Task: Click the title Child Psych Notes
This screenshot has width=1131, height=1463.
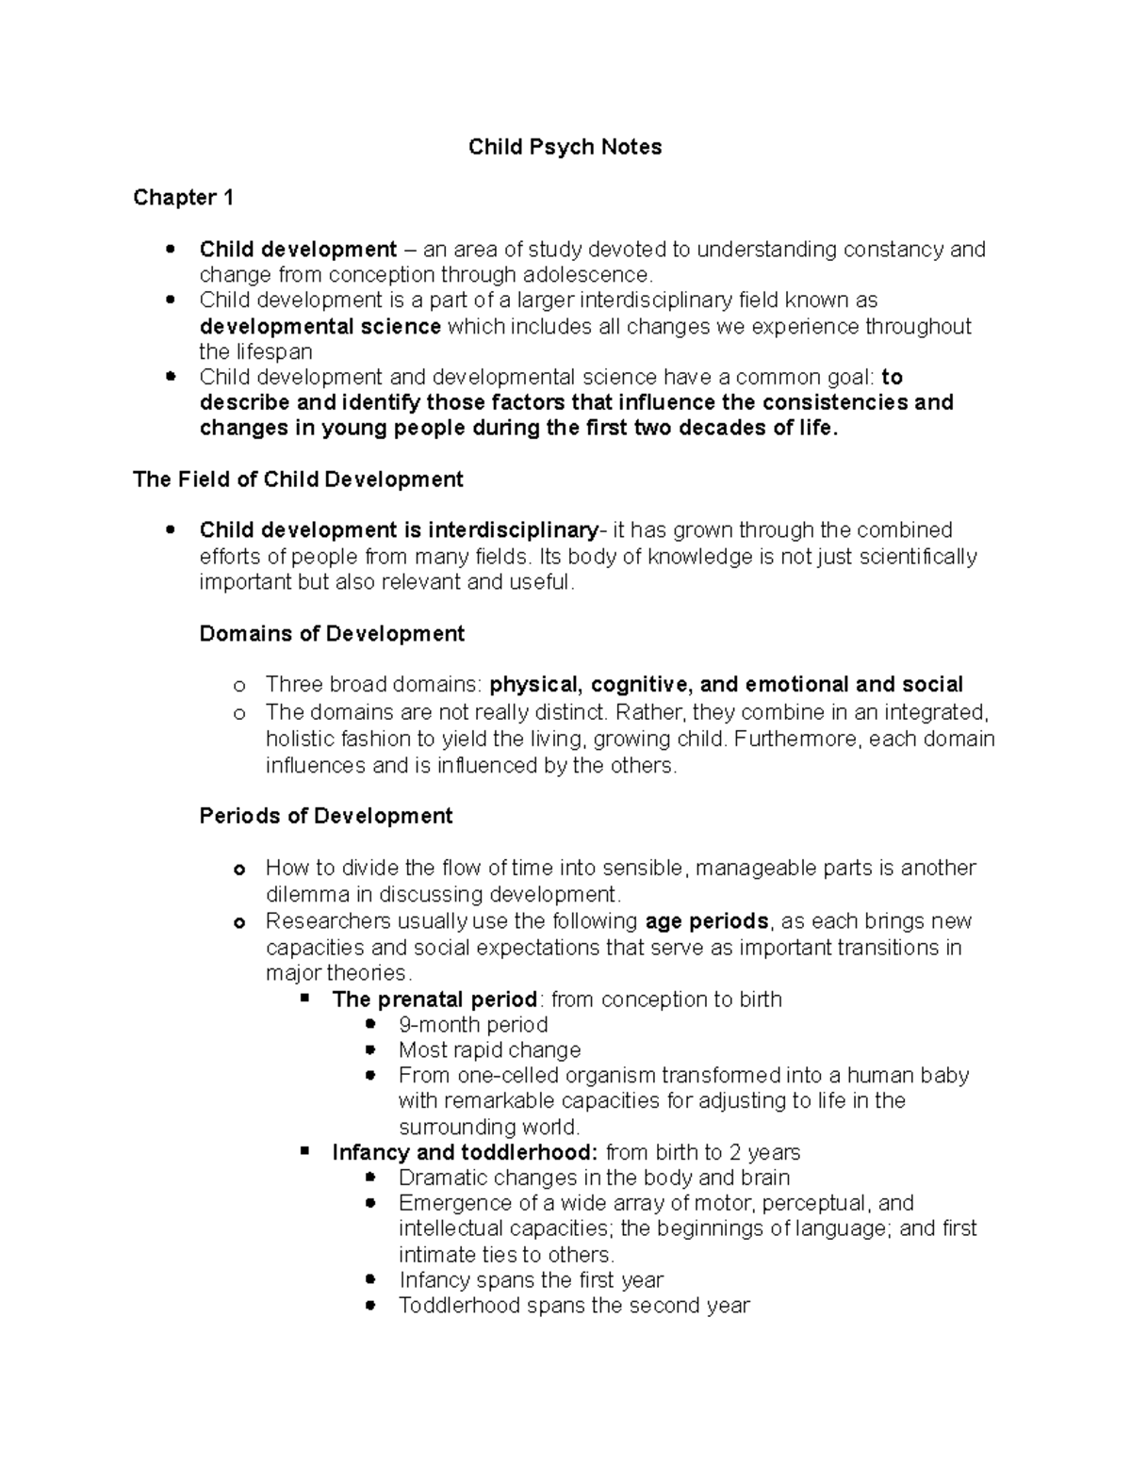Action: (565, 147)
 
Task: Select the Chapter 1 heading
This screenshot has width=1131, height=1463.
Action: (183, 198)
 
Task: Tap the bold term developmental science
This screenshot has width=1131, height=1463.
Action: (320, 327)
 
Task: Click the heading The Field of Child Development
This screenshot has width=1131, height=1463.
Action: (298, 480)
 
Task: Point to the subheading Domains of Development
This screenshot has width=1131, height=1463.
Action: (332, 634)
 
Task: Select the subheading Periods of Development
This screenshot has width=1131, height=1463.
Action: (326, 816)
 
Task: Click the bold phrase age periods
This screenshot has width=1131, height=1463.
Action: (707, 921)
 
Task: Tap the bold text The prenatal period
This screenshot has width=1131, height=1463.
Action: (434, 1000)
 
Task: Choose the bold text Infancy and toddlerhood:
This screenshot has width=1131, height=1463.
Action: (465, 1153)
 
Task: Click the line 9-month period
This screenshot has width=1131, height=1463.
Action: (473, 1025)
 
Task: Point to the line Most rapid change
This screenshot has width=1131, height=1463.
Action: (489, 1050)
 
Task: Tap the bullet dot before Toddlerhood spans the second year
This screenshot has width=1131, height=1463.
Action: (370, 1306)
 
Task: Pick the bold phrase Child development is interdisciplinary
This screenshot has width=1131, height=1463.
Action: (399, 530)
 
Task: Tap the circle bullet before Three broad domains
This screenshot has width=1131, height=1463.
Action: (238, 686)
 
